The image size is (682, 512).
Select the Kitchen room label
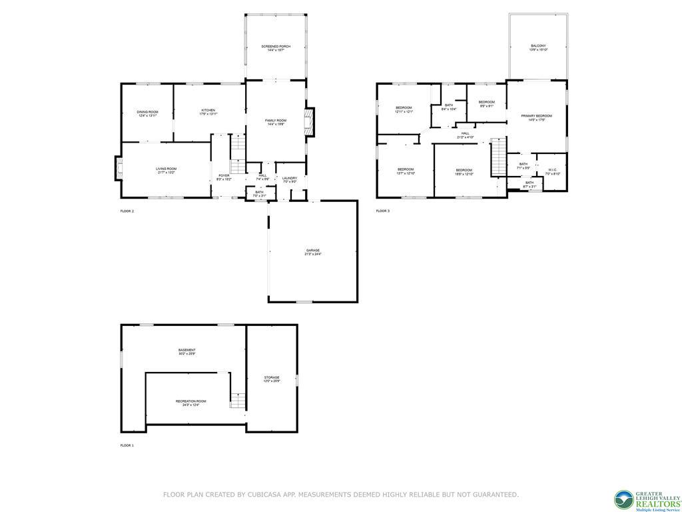pyautogui.click(x=208, y=111)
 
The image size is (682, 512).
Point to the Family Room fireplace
pyautogui.click(x=308, y=123)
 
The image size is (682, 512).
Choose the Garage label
pyautogui.click(x=312, y=252)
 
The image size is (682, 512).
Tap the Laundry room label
pyautogui.click(x=289, y=179)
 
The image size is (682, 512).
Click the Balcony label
pyautogui.click(x=537, y=47)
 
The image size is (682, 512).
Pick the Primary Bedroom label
pyautogui.click(x=537, y=117)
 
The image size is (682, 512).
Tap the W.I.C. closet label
pyautogui.click(x=553, y=171)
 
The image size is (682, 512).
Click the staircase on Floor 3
pyautogui.click(x=498, y=158)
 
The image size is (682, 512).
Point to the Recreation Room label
pyautogui.click(x=190, y=403)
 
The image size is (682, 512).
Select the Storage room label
pyautogui.click(x=271, y=379)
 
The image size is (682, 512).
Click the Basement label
pyautogui.click(x=186, y=351)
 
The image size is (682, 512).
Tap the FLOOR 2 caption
pyautogui.click(x=127, y=211)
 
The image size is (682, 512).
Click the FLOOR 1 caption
pyautogui.click(x=127, y=445)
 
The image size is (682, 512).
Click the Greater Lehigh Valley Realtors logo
pyautogui.click(x=647, y=499)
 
